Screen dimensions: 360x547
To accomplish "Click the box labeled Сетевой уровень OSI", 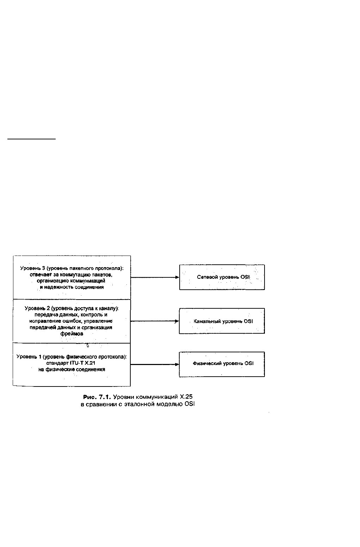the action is click(x=222, y=277).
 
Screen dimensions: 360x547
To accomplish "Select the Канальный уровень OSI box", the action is click(x=222, y=321).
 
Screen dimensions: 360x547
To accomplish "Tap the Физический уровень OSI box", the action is click(x=222, y=364).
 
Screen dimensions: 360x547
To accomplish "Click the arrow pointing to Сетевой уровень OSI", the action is click(x=155, y=277).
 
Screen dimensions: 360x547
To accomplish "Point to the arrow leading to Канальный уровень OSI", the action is click(x=155, y=321).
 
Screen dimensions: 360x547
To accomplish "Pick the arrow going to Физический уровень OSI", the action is click(x=155, y=364).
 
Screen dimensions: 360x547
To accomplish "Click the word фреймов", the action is click(x=72, y=334).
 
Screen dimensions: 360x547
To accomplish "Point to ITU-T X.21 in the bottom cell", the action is click(x=82, y=363).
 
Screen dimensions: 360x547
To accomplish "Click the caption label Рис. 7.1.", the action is click(x=97, y=397).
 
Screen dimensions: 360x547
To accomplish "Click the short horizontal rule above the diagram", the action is click(x=32, y=139).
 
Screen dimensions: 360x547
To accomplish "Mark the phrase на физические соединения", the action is click(x=72, y=370).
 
